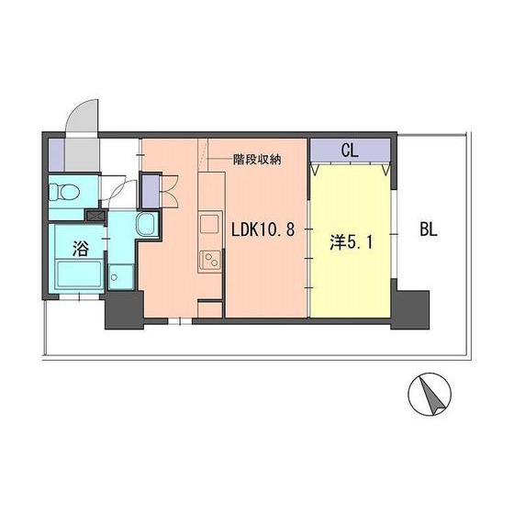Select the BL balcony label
(x=429, y=229)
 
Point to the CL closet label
(x=350, y=149)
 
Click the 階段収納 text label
(x=257, y=159)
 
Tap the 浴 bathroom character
(x=81, y=249)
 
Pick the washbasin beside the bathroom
(x=145, y=224)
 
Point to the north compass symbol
(x=430, y=394)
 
